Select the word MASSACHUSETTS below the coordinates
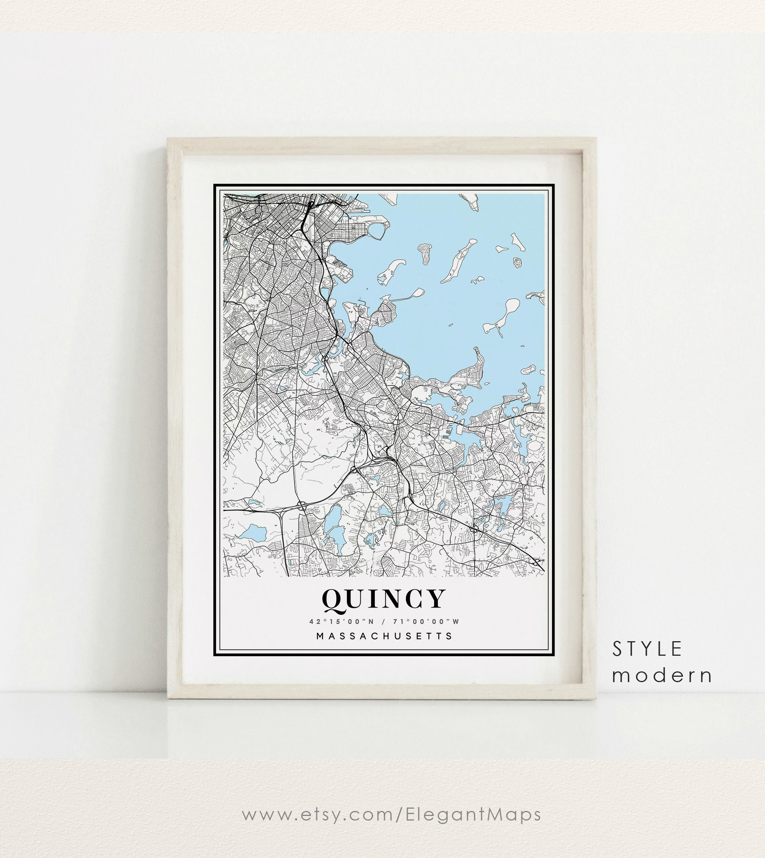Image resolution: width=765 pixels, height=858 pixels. tap(384, 636)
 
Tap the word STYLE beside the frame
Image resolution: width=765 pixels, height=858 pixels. tap(646, 649)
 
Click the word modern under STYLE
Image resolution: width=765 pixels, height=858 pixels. tap(662, 675)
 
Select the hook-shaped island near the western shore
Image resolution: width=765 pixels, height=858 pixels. tap(391, 271)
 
